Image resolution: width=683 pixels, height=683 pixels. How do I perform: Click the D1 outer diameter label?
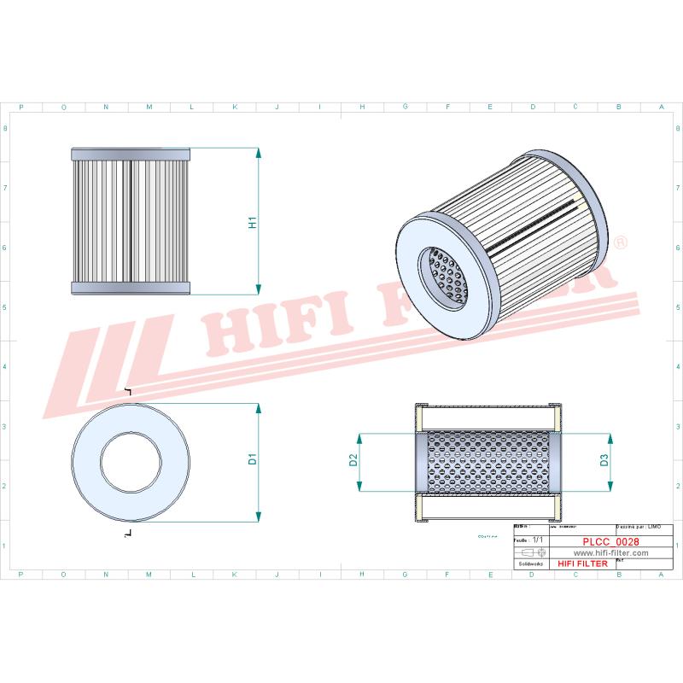(x=253, y=460)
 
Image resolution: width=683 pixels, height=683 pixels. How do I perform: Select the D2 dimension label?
(x=353, y=462)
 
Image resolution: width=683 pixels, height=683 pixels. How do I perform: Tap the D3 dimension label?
(x=604, y=462)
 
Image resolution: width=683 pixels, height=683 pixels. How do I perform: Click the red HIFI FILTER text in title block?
(x=582, y=564)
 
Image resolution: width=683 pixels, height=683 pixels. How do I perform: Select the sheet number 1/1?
(x=537, y=540)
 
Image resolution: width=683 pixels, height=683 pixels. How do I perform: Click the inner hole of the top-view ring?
(x=131, y=462)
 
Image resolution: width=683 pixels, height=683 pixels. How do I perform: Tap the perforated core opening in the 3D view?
(x=447, y=277)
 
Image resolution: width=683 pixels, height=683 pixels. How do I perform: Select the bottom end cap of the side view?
(x=130, y=287)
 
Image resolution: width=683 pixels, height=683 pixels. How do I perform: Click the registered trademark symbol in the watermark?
(x=620, y=244)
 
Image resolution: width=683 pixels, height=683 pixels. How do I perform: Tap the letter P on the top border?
(x=20, y=108)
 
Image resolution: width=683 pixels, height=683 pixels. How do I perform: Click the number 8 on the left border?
(x=7, y=129)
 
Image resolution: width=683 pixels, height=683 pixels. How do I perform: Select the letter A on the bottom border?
(x=661, y=575)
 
